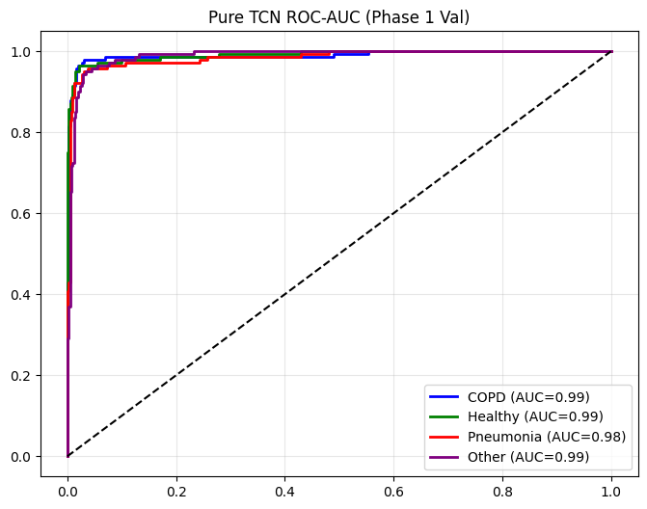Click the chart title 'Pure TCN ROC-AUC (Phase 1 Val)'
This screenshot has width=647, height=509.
[339, 16]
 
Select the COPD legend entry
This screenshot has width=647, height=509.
[528, 396]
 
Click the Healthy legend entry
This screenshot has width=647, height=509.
[535, 416]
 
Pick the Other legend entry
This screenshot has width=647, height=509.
[528, 457]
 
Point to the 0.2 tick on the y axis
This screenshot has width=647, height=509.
[21, 375]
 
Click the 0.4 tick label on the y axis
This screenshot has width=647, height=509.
[21, 294]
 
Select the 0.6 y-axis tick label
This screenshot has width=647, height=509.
[21, 213]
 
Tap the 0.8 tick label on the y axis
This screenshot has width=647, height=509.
[21, 132]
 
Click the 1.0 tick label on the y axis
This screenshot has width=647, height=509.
[21, 51]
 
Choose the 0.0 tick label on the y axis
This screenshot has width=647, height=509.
[21, 456]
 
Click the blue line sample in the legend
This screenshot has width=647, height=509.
[446, 396]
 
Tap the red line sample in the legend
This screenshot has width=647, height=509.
[446, 437]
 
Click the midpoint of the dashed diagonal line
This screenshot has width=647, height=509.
[339, 254]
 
